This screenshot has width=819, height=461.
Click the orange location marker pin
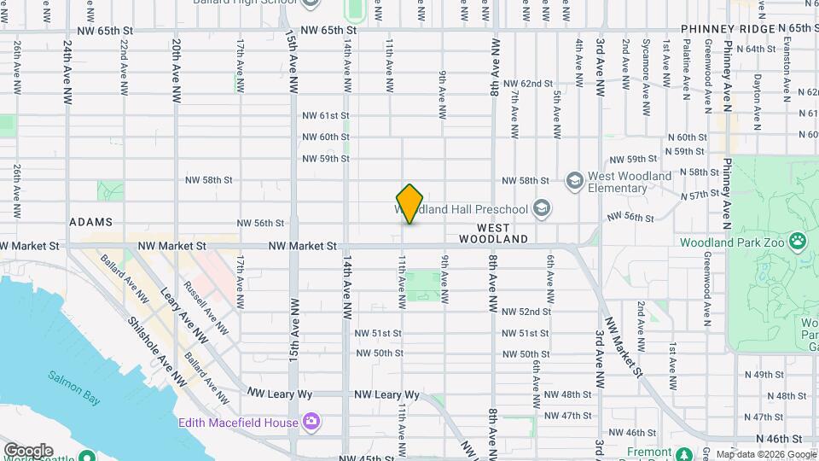410,204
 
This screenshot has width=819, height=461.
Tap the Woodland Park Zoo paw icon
798,241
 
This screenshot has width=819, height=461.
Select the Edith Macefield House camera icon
311,422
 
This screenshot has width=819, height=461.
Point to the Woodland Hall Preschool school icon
540,207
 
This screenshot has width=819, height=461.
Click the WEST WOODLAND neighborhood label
502,234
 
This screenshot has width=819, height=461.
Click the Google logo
27,451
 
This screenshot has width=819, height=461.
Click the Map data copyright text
765,454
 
